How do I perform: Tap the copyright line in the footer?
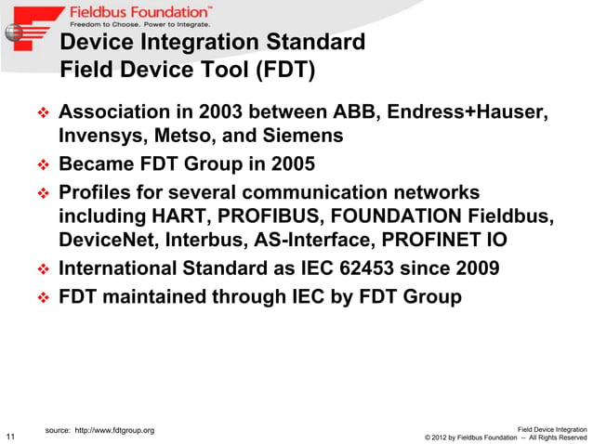tap(505, 437)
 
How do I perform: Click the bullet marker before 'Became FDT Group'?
tap(42, 165)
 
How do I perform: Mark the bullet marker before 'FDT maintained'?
tap(42, 298)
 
